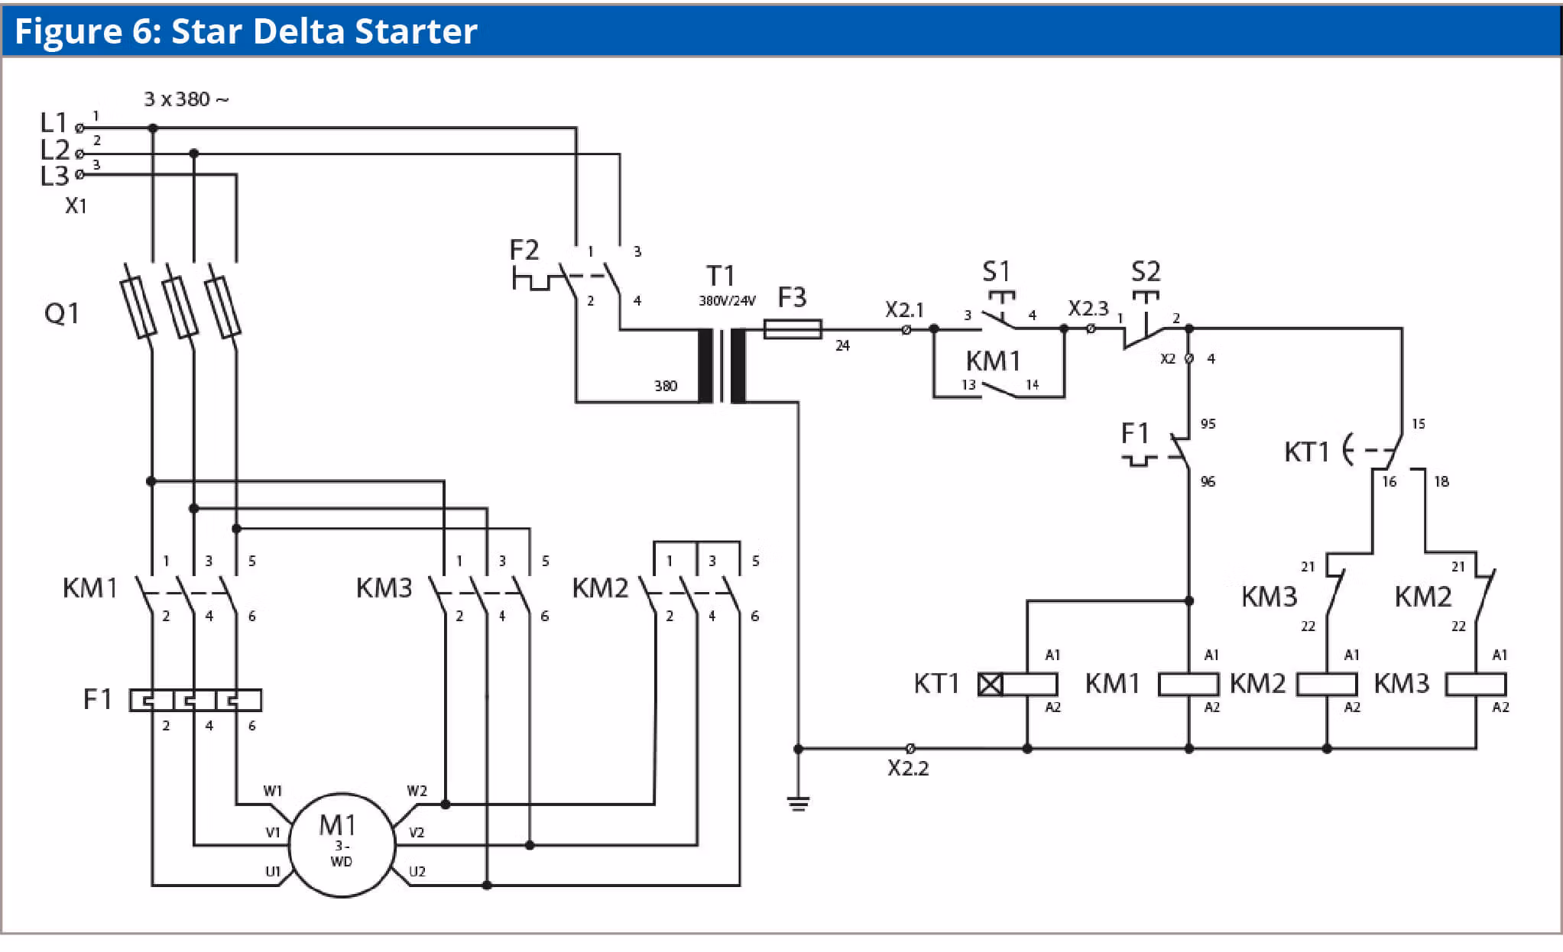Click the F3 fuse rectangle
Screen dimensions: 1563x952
793,329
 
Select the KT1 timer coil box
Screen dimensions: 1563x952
1018,684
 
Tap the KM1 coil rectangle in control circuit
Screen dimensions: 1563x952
1188,684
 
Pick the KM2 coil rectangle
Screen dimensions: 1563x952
1327,684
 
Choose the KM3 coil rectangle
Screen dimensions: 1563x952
1476,684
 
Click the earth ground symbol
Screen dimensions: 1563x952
799,803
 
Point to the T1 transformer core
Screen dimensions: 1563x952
722,366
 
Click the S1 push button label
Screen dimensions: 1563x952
996,271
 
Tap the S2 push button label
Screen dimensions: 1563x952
1146,271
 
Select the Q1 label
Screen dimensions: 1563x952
62,313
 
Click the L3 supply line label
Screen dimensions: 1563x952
54,176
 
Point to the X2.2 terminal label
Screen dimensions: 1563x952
908,768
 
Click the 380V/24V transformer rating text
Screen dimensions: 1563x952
727,301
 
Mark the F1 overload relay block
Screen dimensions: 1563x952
196,700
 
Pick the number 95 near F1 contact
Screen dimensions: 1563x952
1208,424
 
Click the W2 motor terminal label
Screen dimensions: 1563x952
417,791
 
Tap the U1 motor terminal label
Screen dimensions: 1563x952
273,872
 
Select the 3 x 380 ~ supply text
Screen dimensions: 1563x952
186,99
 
